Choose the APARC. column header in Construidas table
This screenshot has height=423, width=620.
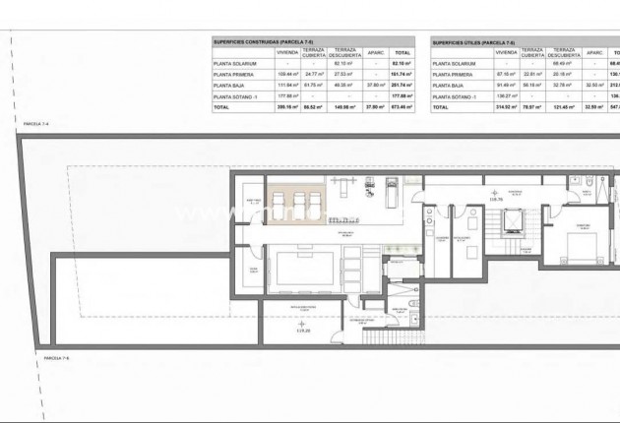(375, 53)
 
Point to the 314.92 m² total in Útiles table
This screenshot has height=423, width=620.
(505, 107)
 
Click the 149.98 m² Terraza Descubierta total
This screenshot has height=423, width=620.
(344, 107)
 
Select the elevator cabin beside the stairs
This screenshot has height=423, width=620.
(512, 220)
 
